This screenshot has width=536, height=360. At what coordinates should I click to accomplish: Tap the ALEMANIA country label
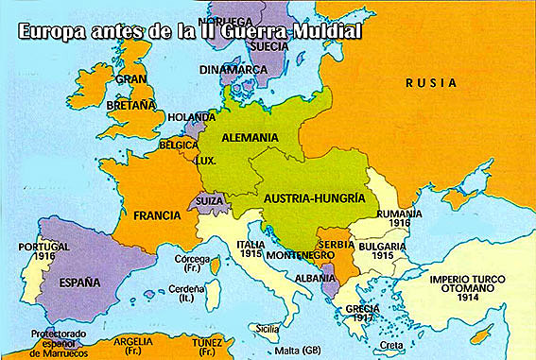click(x=250, y=138)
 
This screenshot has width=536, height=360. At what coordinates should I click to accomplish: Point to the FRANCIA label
click(x=157, y=214)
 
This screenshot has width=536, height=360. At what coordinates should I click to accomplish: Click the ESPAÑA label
click(x=79, y=282)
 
